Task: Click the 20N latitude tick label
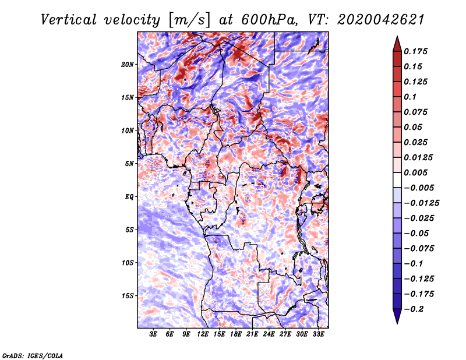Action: (128, 64)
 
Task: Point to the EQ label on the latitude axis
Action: (129, 196)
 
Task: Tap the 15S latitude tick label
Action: (128, 295)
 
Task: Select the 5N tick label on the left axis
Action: (129, 164)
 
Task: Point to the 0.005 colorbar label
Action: (418, 172)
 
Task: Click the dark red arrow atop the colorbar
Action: (397, 43)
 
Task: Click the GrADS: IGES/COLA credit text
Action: (33, 355)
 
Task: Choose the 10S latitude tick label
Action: (128, 263)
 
